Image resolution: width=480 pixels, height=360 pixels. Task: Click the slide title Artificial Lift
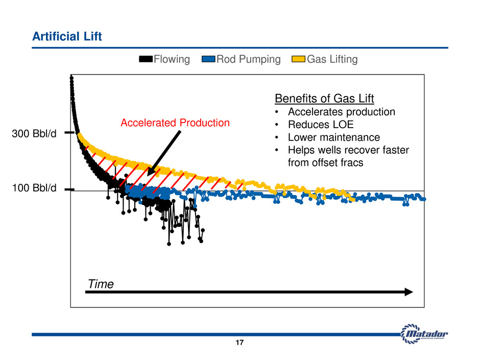click(67, 36)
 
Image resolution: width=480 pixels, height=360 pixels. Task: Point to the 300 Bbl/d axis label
click(34, 135)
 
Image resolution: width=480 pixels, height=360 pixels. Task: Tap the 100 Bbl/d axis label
click(34, 188)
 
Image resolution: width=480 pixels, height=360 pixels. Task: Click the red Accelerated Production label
click(175, 123)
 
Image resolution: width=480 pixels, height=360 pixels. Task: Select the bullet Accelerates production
click(341, 111)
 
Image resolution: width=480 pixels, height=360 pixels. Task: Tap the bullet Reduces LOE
click(321, 125)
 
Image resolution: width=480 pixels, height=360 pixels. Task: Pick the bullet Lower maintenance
click(333, 137)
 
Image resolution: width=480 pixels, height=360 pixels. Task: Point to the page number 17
click(240, 344)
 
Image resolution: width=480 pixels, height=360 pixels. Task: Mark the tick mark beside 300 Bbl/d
click(70, 133)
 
